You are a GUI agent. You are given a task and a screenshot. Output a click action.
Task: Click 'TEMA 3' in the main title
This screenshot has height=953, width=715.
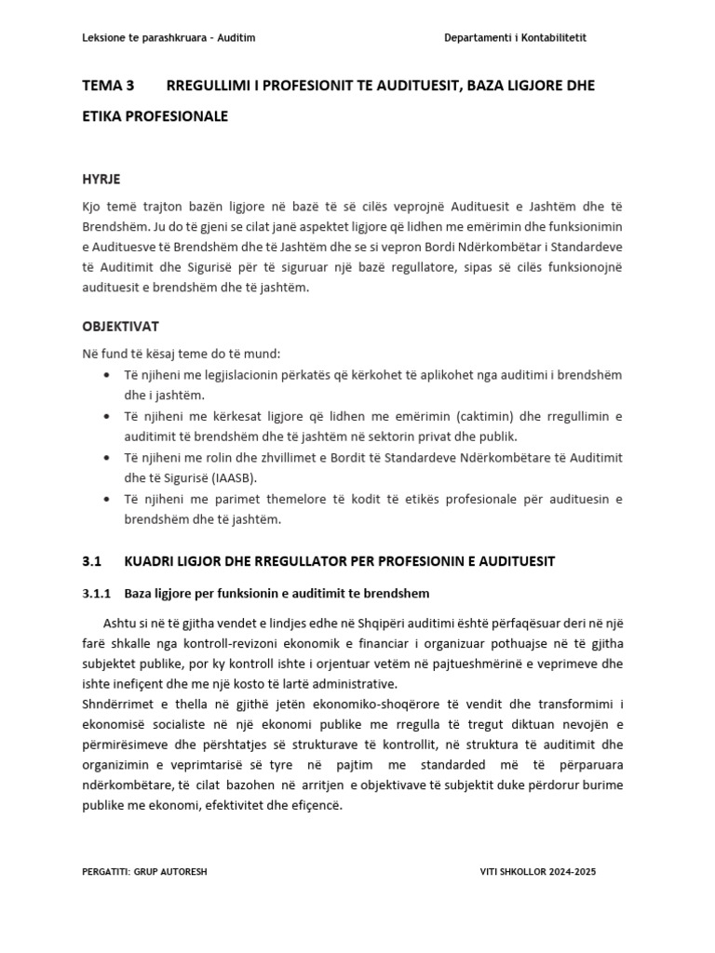pos(109,86)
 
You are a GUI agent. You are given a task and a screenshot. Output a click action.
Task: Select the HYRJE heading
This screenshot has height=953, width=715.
pos(101,179)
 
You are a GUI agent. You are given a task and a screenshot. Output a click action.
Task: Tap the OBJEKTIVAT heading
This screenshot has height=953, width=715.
pos(120,327)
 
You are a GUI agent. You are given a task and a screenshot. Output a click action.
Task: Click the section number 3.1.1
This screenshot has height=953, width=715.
pos(97,593)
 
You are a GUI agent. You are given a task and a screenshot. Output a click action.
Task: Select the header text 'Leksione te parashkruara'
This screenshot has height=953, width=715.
pos(146,37)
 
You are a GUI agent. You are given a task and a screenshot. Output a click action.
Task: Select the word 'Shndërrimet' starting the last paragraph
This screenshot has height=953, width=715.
pos(117,705)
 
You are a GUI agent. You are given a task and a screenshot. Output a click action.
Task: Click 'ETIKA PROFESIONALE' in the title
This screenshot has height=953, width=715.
pos(155,116)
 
